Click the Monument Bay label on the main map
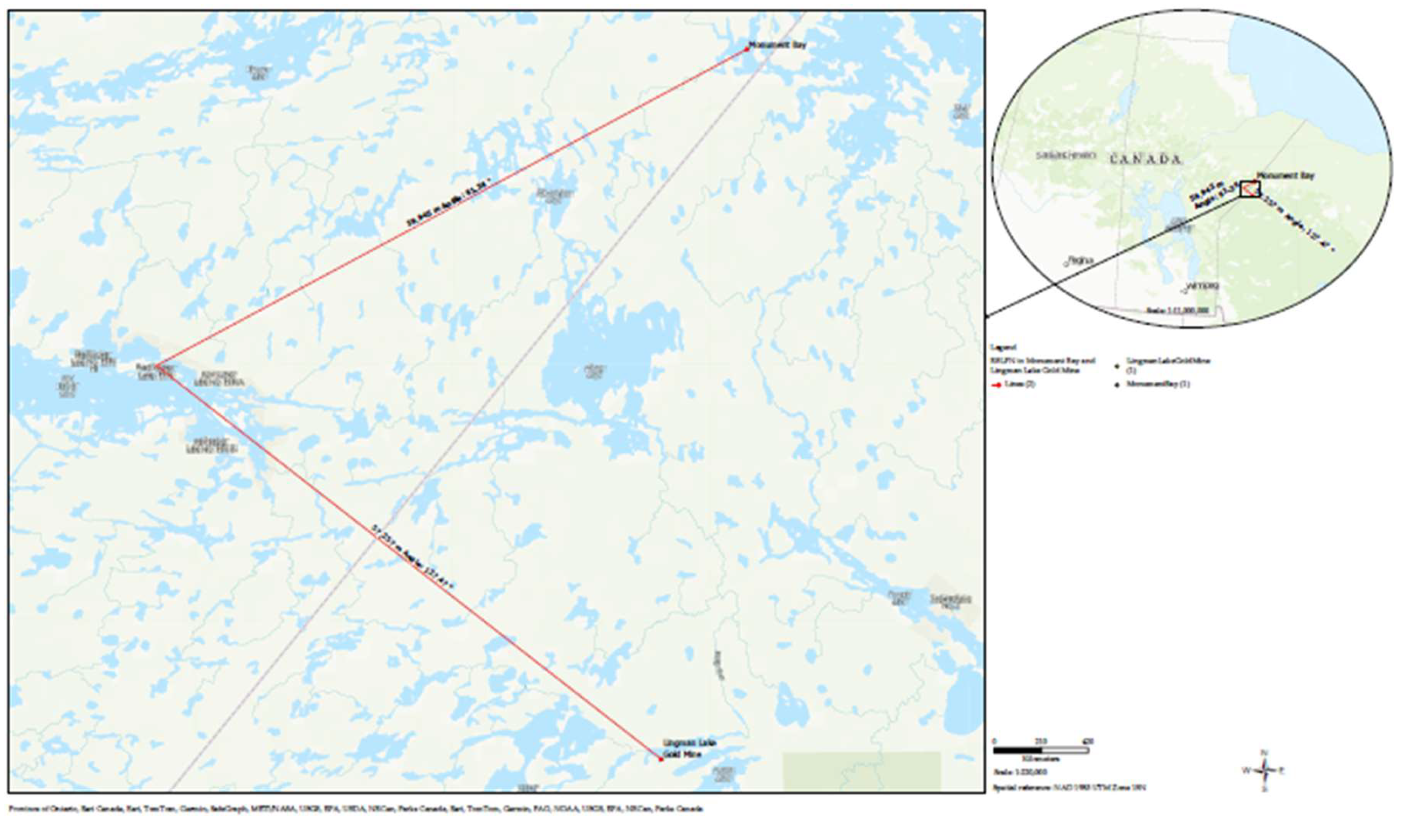[x=777, y=45]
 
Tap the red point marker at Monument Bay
[x=747, y=49]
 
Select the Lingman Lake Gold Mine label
[x=689, y=748]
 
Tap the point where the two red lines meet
[x=156, y=366]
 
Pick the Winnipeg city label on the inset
[x=1202, y=286]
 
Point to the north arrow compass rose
[x=1265, y=771]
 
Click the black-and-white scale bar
[x=1041, y=750]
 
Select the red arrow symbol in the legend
[x=998, y=384]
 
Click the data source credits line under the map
[x=356, y=809]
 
